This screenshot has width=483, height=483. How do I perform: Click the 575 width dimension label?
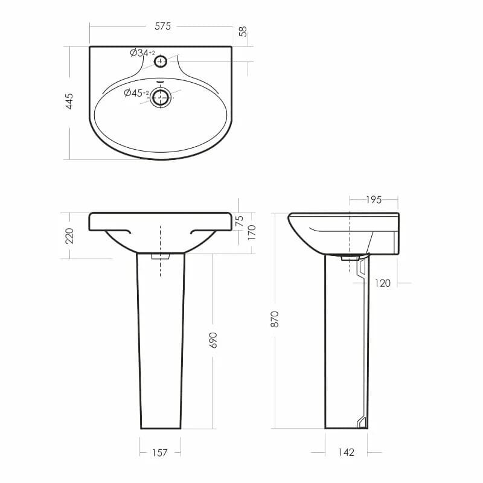coord(162,26)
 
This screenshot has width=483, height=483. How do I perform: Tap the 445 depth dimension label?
coord(69,101)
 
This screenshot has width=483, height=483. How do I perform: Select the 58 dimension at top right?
coord(243,31)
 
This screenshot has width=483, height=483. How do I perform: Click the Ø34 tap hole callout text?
coord(142,53)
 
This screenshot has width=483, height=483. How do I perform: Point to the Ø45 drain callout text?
coord(136,92)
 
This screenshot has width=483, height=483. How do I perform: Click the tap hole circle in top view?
coord(161,62)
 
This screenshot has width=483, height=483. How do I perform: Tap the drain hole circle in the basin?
coord(160,97)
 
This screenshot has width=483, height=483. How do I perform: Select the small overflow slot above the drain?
coord(160,82)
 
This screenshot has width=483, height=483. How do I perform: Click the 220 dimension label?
coord(69,235)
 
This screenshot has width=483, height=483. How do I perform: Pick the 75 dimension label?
coord(239,221)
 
